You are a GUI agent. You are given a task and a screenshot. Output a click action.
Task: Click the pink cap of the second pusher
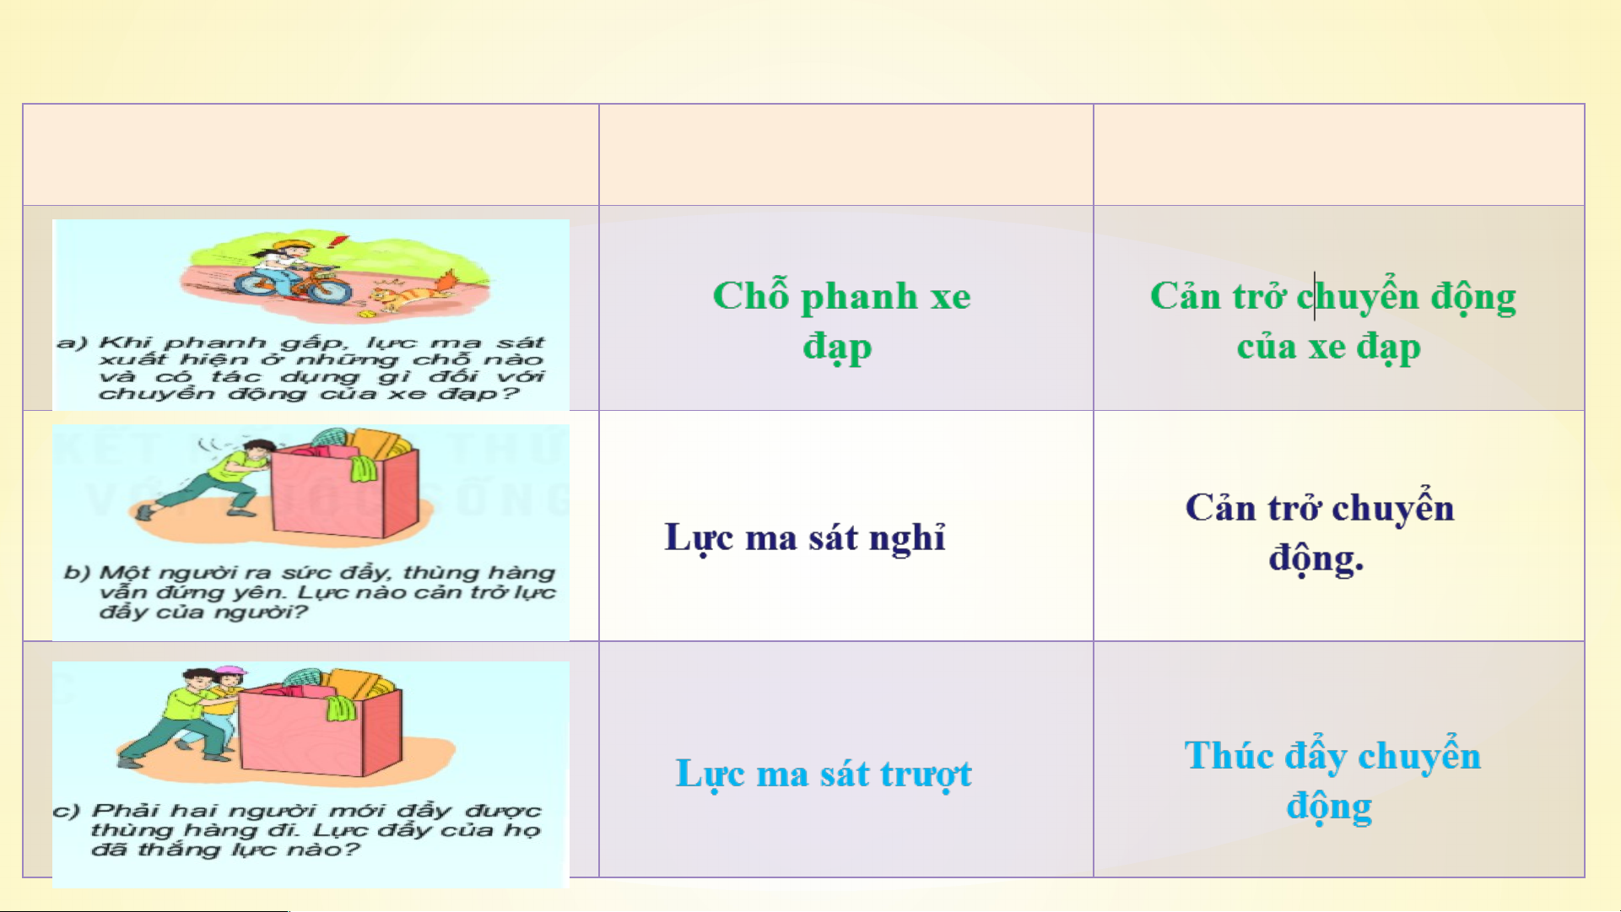[230, 673]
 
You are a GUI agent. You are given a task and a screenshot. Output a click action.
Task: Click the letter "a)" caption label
[73, 343]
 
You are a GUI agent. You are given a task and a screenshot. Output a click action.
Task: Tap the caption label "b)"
[77, 573]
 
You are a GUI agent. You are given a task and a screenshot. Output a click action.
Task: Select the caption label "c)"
[66, 811]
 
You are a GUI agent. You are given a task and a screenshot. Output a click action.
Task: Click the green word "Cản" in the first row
[1186, 296]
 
